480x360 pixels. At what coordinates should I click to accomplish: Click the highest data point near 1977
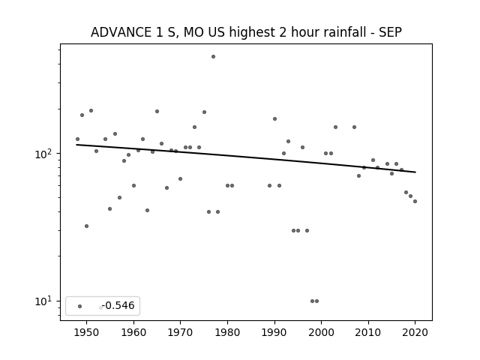pyautogui.click(x=213, y=57)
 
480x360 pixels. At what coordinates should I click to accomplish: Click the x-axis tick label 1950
pyautogui.click(x=87, y=333)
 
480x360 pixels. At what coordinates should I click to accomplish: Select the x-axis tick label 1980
pyautogui.click(x=227, y=333)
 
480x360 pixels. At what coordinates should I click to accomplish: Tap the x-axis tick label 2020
pyautogui.click(x=415, y=333)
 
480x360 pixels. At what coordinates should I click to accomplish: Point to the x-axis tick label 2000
pyautogui.click(x=322, y=333)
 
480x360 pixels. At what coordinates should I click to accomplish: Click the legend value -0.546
pyautogui.click(x=118, y=305)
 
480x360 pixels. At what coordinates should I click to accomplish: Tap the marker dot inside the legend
pyautogui.click(x=80, y=306)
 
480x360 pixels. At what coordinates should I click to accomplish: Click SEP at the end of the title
pyautogui.click(x=390, y=32)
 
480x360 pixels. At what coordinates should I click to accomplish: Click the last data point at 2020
pyautogui.click(x=415, y=202)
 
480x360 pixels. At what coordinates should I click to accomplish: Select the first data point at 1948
pyautogui.click(x=77, y=139)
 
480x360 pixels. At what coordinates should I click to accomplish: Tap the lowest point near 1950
pyautogui.click(x=87, y=226)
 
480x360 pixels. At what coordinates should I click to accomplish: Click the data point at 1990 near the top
pyautogui.click(x=275, y=118)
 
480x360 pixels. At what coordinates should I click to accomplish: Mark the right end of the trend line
pyautogui.click(x=415, y=172)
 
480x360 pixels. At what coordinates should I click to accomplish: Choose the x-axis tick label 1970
pyautogui.click(x=180, y=333)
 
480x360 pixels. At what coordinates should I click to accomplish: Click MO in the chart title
pyautogui.click(x=193, y=32)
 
